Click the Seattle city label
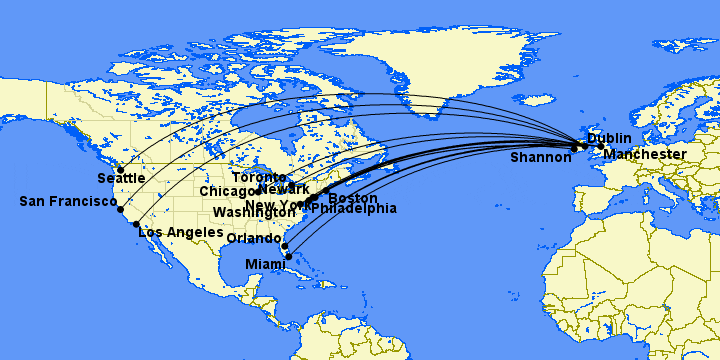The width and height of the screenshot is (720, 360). pos(121,179)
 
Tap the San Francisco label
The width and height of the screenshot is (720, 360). pos(68,202)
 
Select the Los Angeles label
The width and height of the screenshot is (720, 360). pos(180,233)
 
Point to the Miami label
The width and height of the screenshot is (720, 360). pos(266,264)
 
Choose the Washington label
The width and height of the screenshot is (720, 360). pos(254,214)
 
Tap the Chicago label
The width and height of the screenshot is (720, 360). pos(229,191)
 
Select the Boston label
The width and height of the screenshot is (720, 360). pos(353,199)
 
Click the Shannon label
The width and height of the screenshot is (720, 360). pos(540,158)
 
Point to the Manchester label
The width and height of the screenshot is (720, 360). pos(645,155)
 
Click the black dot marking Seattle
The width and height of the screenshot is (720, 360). pos(121,170)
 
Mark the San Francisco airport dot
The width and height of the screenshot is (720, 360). pos(120,210)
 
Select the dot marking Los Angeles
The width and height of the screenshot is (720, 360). pos(136,224)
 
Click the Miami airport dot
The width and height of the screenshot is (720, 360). pos(289,257)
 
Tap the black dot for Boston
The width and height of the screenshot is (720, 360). pos(327,190)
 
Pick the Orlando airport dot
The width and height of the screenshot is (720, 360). pos(284,246)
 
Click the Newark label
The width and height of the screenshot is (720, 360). pos(284,190)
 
